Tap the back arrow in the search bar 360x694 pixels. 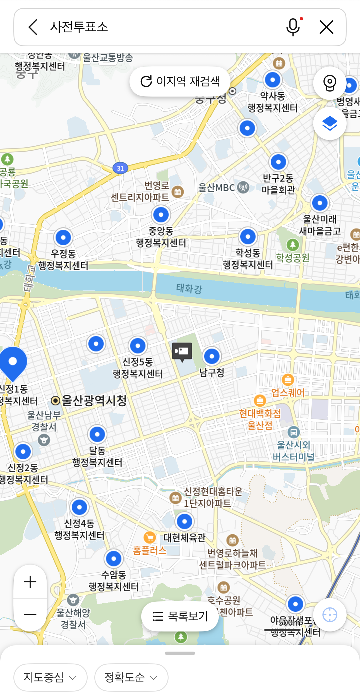click(x=33, y=27)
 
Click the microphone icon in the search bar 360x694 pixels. click(x=293, y=27)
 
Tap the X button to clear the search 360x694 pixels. click(x=326, y=27)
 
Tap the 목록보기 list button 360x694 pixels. click(x=180, y=616)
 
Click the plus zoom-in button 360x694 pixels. click(x=30, y=582)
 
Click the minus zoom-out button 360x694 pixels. click(x=30, y=614)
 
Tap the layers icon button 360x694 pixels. click(x=330, y=123)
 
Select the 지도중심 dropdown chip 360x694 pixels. click(x=50, y=677)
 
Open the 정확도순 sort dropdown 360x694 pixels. click(x=131, y=677)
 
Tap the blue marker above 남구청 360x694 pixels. click(x=212, y=356)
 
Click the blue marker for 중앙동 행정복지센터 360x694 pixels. click(x=161, y=215)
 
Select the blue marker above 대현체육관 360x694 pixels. click(x=184, y=521)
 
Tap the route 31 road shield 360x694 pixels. click(x=120, y=168)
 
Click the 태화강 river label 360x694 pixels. click(x=189, y=288)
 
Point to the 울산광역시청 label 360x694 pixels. click(x=94, y=401)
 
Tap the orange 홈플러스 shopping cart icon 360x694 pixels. click(x=150, y=537)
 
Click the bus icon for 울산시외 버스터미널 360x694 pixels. click(x=294, y=433)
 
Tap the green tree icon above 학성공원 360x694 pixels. click(x=293, y=245)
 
